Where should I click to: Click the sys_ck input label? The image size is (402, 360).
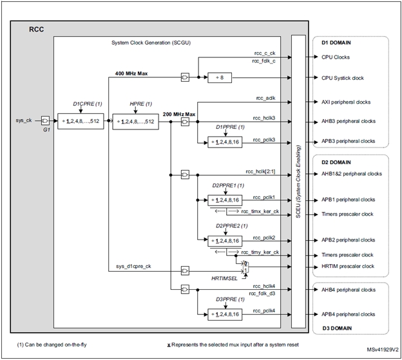(x=24, y=119)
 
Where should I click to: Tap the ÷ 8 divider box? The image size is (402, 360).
(x=222, y=78)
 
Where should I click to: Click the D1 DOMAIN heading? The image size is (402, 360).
(x=339, y=43)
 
